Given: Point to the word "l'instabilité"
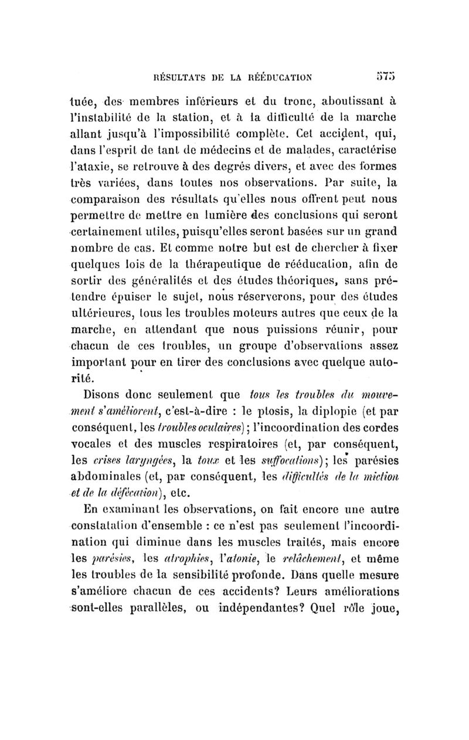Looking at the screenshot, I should [107, 114].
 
